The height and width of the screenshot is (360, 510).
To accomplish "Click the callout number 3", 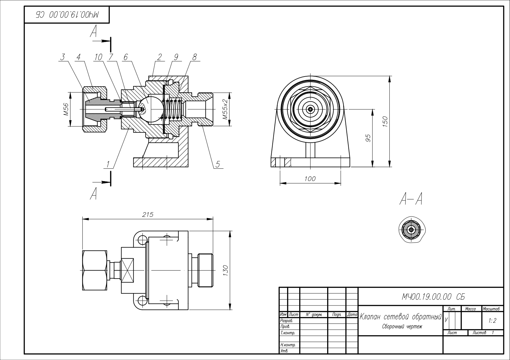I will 63,57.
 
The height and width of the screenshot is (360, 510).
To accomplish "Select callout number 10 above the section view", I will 98,57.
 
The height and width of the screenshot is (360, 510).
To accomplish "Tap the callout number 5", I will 217,164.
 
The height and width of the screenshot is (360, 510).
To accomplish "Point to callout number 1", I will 108,164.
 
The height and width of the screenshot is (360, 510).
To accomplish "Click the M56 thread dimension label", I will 66,109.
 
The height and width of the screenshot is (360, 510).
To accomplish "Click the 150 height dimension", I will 385,121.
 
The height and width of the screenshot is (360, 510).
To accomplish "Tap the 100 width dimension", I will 310,179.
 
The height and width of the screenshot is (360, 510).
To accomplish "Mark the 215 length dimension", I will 148,214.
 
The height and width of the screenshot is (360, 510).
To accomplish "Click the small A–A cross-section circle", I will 411,230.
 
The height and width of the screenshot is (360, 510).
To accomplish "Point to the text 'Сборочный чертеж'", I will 402,327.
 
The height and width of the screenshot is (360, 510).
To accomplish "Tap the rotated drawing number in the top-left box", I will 67,15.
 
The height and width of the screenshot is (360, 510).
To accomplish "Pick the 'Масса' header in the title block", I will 471,309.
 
